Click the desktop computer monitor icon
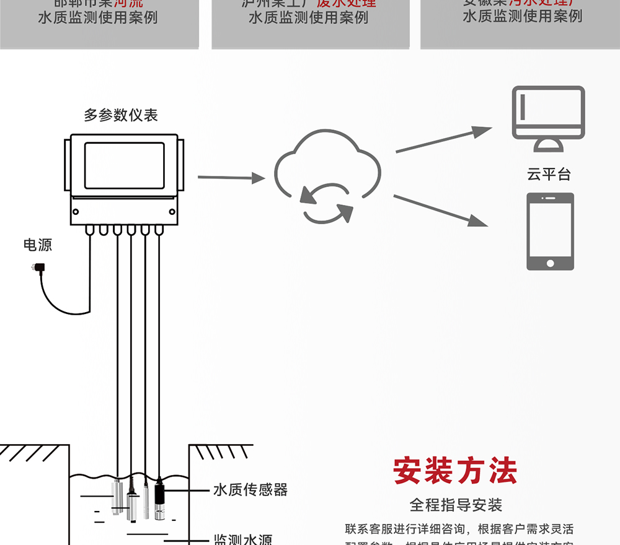click(x=548, y=113)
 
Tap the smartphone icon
click(x=550, y=231)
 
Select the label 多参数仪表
click(x=121, y=115)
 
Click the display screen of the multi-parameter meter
click(x=124, y=165)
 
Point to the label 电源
click(x=38, y=245)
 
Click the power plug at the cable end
click(x=37, y=268)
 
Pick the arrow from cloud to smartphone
click(x=440, y=211)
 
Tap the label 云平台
click(x=549, y=175)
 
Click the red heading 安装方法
click(x=455, y=472)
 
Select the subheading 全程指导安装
click(x=456, y=505)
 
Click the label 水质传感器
click(x=250, y=490)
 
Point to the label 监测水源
click(x=242, y=539)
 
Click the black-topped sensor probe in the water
click(x=159, y=499)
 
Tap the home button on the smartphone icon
click(x=550, y=263)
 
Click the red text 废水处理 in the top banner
click(x=346, y=3)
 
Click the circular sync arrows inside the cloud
click(x=327, y=202)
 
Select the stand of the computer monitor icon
click(x=548, y=146)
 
